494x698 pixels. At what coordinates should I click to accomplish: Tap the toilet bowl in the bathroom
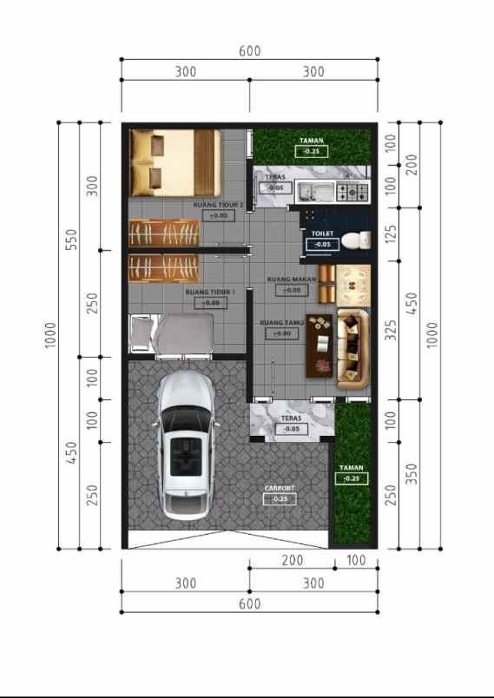coord(352,240)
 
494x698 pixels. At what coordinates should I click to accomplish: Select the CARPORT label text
coord(280,489)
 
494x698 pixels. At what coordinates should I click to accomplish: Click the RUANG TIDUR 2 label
coord(218,205)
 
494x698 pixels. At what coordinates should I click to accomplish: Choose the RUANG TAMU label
coord(281,323)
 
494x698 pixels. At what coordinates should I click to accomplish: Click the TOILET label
coord(323,234)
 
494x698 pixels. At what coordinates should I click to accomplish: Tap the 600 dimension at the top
coord(249,51)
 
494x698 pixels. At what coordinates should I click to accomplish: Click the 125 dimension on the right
coord(390,233)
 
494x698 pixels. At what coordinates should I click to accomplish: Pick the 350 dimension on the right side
coord(412,475)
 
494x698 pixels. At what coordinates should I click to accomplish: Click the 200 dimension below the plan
coord(293,561)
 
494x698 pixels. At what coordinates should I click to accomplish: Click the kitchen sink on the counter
coord(309,191)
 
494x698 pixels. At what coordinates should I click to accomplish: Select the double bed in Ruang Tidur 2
coord(175,162)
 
